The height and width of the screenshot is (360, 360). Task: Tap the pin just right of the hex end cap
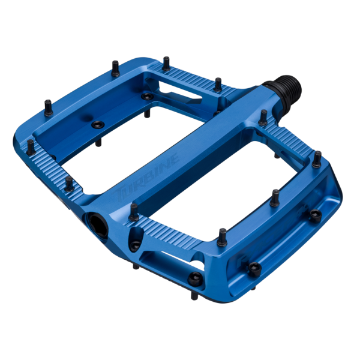[x=133, y=210]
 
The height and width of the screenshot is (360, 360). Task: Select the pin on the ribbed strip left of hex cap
[x=69, y=182]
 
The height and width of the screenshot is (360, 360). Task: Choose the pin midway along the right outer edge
[x=275, y=196]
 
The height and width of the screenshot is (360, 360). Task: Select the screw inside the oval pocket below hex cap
[x=136, y=244]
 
